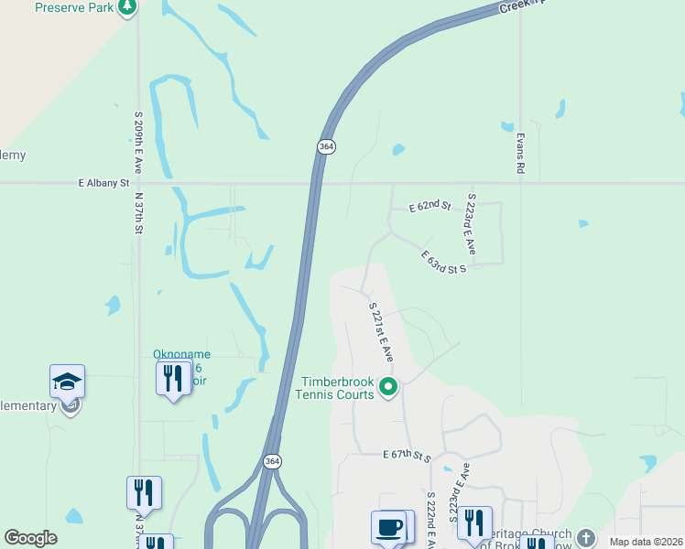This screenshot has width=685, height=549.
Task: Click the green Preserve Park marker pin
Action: point(127,8)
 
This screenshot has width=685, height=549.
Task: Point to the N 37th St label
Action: point(140,211)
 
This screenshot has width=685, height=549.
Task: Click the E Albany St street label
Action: point(103,183)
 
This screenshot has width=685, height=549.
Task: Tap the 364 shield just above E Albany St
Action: point(326,145)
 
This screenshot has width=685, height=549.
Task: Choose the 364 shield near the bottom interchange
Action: point(271,461)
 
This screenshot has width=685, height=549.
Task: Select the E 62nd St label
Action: point(429,208)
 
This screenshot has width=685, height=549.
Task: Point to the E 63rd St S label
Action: point(444,263)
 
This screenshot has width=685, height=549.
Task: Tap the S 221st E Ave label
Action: point(380,332)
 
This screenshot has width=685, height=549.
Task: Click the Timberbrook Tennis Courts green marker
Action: point(388,387)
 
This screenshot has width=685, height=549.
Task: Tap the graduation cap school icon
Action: point(67,382)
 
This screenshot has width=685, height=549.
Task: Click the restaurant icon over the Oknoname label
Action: point(173,378)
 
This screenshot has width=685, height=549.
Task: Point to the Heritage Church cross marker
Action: point(585,537)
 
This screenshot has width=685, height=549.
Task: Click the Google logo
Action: point(30,538)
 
